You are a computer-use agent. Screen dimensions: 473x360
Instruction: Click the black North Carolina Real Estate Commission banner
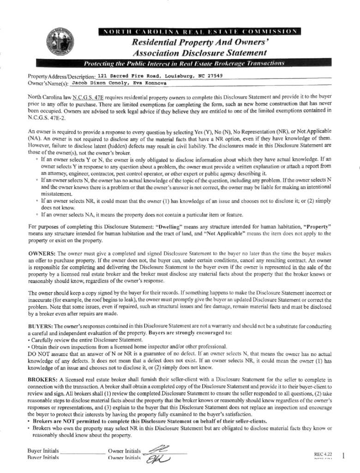(199, 31)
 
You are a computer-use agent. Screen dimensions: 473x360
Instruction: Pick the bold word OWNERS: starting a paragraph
(42, 254)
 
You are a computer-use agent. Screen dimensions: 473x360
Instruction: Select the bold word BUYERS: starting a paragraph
(40, 326)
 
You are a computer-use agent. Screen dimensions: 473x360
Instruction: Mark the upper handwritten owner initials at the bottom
(156, 449)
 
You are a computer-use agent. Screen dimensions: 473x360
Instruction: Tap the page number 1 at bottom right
(343, 456)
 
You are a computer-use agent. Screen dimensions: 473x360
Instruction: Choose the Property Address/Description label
(61, 76)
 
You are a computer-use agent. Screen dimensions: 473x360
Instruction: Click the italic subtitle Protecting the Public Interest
(184, 63)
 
